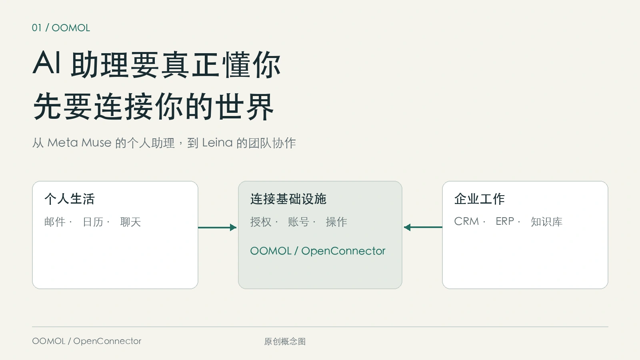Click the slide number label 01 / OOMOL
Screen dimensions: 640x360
61,28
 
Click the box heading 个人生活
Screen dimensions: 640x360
70,199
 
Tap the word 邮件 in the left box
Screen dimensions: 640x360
55,222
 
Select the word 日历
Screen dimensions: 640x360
93,222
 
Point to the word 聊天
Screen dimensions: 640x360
130,222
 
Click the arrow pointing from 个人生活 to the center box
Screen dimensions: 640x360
217,228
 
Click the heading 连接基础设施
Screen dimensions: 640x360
288,199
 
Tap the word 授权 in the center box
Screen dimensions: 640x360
261,222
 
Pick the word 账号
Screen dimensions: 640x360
298,222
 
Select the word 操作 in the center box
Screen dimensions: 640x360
336,222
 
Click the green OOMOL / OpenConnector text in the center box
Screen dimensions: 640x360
318,251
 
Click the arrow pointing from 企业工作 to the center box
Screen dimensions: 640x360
423,227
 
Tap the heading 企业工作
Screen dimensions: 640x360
480,199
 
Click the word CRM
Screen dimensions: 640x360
466,222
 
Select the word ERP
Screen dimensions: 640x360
505,222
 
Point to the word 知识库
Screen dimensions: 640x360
546,222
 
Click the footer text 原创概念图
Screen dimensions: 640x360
285,341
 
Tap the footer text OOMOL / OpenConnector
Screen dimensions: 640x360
86,341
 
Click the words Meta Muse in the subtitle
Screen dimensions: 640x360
79,142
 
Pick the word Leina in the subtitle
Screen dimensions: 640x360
217,142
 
